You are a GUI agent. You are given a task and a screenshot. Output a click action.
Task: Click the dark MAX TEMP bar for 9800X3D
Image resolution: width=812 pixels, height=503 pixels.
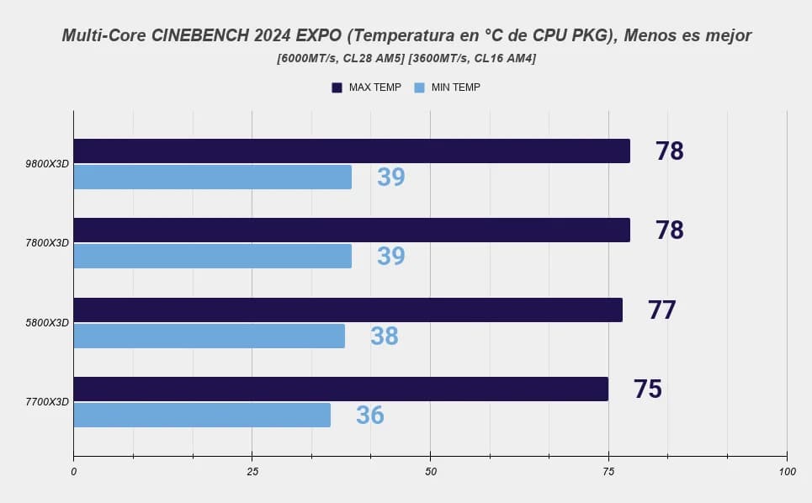coord(352,151)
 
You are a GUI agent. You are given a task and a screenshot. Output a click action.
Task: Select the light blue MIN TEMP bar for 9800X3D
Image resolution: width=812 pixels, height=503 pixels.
coord(212,177)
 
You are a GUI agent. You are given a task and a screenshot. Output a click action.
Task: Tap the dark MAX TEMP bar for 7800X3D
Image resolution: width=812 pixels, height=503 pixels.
coord(352,230)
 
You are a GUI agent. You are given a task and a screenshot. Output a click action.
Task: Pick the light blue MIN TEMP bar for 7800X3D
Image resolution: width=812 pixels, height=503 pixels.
coord(212,257)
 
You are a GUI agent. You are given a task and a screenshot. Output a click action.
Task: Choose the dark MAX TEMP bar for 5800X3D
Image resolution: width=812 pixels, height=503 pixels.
coord(348,310)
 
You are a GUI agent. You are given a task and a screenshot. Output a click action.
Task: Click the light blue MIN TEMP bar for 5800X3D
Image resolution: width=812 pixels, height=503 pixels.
coord(210,336)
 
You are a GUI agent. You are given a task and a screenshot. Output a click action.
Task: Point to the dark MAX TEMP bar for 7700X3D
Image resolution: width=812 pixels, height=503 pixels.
coord(341,389)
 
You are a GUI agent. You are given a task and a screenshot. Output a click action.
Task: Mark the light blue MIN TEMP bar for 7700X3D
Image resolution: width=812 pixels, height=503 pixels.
coord(202,415)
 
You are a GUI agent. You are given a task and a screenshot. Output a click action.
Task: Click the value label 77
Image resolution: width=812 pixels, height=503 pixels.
coord(662,310)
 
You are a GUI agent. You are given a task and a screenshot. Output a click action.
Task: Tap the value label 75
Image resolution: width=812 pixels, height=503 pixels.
coord(647,389)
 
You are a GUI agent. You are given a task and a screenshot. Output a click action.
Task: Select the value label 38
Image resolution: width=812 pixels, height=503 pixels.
coord(385,336)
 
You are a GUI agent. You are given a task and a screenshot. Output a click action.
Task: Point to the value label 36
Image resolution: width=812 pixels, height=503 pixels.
coord(369,416)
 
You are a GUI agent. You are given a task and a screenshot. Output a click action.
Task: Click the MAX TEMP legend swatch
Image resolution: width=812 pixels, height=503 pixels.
coord(337,87)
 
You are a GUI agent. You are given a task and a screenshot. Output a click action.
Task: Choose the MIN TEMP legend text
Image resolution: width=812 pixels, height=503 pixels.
coord(456,87)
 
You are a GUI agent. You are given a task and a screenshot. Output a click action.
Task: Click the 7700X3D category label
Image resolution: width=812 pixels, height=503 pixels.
coord(47,402)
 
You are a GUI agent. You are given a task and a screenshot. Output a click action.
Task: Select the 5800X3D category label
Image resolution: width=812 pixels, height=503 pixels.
coord(47,323)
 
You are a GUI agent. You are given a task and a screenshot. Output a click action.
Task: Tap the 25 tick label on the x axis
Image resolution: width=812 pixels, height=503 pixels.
coord(252,471)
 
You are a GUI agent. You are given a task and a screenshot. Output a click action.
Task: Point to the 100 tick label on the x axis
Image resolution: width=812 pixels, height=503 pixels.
coord(787,471)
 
